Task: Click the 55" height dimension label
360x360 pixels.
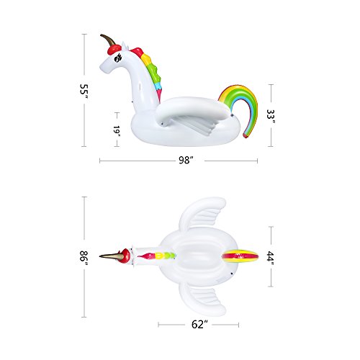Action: coord(84,91)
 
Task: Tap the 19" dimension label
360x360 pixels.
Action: coord(117,131)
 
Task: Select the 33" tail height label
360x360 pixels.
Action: coord(271,117)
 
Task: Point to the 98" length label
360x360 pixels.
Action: coord(186,160)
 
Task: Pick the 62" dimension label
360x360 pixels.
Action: coord(199,325)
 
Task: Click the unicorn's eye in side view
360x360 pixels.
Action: coord(117,58)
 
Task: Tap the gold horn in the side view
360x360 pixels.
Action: coord(108,40)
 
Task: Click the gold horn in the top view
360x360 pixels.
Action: coord(109,256)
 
